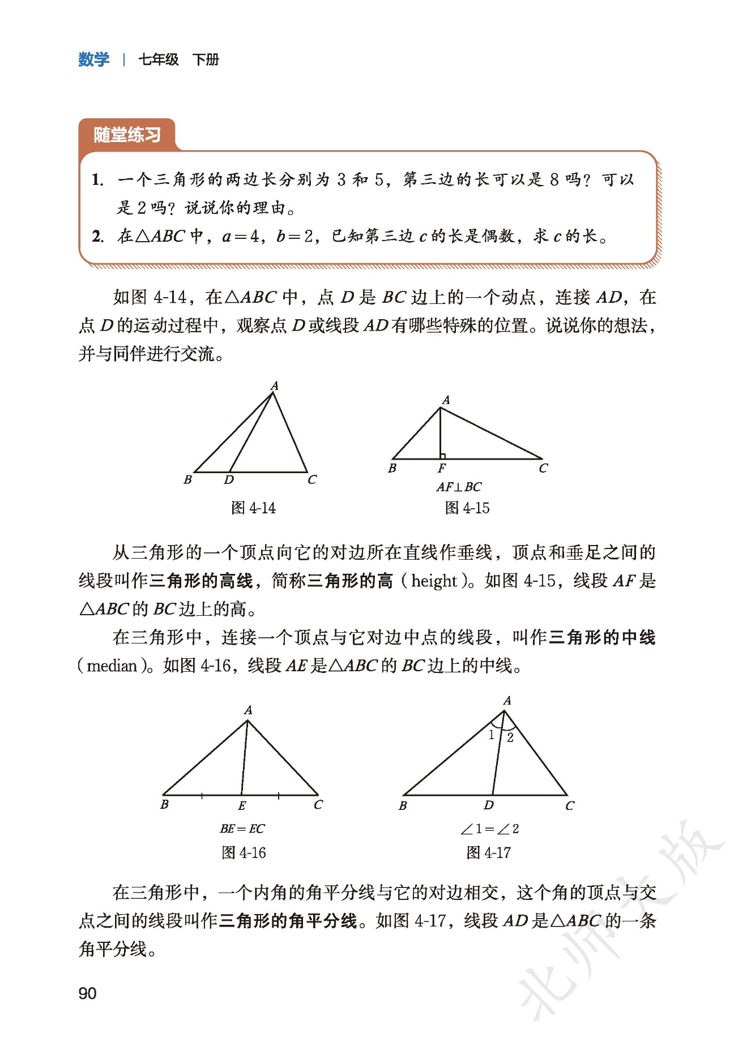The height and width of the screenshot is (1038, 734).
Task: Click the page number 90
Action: (x=87, y=993)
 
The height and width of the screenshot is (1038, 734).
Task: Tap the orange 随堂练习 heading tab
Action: (x=127, y=135)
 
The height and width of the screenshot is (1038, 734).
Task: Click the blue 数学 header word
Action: (x=93, y=59)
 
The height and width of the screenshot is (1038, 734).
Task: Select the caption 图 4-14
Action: (x=253, y=508)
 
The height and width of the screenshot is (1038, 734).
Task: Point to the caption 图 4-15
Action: (x=467, y=508)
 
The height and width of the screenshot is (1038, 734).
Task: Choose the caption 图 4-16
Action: (x=244, y=852)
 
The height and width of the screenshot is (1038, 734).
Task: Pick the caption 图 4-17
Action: (x=488, y=852)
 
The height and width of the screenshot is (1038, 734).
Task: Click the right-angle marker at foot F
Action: (x=443, y=456)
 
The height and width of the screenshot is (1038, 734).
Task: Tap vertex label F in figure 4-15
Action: (x=441, y=468)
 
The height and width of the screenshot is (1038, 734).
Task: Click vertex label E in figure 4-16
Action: (x=242, y=805)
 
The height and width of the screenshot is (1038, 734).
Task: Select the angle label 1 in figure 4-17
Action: (x=492, y=735)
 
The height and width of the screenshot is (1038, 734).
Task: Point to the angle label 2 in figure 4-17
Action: (x=510, y=737)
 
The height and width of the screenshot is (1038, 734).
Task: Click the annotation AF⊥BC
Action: (x=459, y=487)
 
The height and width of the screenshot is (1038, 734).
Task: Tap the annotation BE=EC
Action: (x=242, y=829)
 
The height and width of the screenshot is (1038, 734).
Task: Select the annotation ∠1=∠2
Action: (x=489, y=829)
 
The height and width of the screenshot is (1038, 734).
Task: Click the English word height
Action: (x=434, y=581)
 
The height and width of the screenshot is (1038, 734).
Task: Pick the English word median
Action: (x=112, y=666)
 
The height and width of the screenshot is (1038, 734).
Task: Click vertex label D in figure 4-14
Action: (x=229, y=480)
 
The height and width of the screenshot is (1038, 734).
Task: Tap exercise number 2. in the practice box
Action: (x=97, y=236)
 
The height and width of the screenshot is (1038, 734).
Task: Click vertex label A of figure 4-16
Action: (x=248, y=710)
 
